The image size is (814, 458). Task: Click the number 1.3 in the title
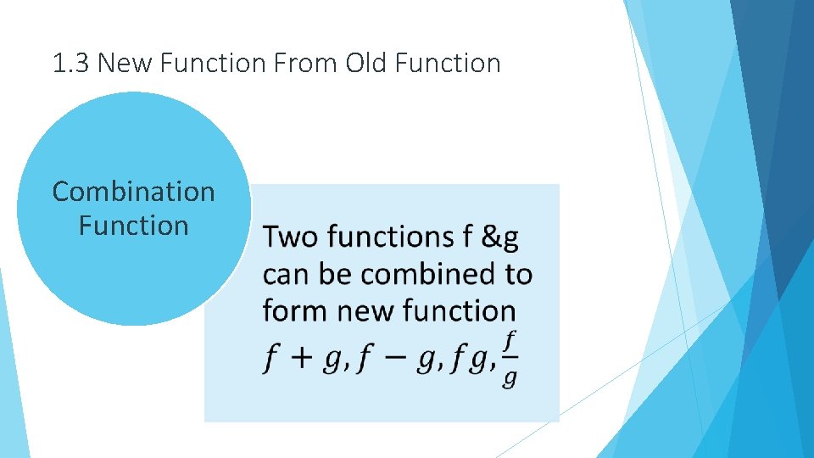[x=71, y=63]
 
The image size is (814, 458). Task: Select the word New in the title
[x=121, y=63]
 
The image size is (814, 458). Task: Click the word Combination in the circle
[x=134, y=192]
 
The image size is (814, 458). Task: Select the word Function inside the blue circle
[x=134, y=226]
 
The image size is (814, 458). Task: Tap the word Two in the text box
[x=290, y=237]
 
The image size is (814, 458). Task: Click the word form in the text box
[x=296, y=310]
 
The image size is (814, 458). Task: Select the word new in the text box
[x=365, y=311]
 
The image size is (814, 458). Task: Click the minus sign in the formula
[x=393, y=360]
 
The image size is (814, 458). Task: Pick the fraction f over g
[x=509, y=359]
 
